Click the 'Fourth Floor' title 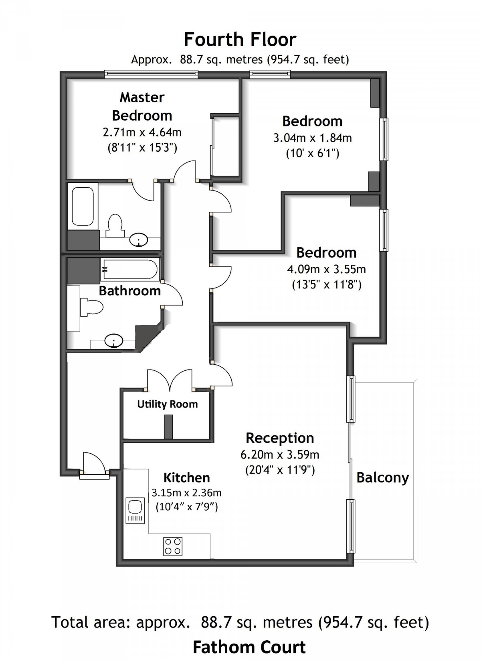pos(240,40)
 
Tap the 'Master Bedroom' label pos(142,106)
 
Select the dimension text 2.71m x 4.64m pos(142,132)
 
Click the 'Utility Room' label pos(168,404)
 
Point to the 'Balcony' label pos(382,477)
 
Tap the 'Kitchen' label pos(187,477)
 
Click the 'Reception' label pos(280,438)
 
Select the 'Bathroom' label pos(130,290)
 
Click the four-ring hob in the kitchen pos(173,546)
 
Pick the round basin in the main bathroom pos(114,341)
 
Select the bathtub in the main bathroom pos(130,269)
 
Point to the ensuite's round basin pos(139,240)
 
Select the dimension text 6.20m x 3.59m pos(280,455)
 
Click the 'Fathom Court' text pos(249,647)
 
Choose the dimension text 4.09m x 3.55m pos(326,269)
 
